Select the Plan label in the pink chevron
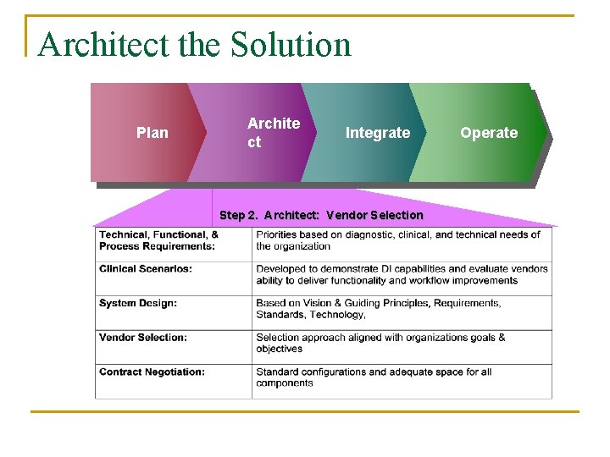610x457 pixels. point(152,133)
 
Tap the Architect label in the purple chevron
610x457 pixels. point(273,133)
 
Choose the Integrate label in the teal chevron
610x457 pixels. point(377,133)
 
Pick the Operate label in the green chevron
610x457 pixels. point(489,133)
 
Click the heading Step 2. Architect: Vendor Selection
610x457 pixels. point(321,215)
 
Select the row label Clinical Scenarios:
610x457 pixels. point(146,269)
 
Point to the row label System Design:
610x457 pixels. point(138,303)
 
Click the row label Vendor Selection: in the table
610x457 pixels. point(143,338)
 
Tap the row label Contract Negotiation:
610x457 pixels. point(152,372)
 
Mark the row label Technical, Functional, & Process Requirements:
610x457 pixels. point(158,240)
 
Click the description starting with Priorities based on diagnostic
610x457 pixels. point(398,240)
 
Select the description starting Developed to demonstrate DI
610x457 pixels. point(402,275)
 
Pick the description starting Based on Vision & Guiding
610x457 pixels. point(378,309)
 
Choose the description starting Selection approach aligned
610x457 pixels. point(380,343)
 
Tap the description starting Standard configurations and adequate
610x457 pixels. point(374,377)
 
